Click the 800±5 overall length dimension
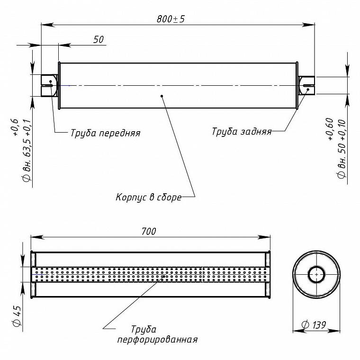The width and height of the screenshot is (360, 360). coord(171,19)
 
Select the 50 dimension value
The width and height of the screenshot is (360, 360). coord(99,39)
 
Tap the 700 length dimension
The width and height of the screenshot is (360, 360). coord(149,232)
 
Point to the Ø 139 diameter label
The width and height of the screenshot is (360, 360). coord(314,325)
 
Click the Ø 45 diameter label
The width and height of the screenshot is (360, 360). coord(17,316)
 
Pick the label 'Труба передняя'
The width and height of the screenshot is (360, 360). coord(105,133)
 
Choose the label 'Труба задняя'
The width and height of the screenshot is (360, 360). coord(242,132)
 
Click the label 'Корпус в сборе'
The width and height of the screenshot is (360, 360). coord(149,197)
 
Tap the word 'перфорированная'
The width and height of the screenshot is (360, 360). coord(157,340)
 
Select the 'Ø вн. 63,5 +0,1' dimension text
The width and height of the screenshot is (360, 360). coord(27,150)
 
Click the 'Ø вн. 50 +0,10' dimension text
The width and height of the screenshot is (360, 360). coord(342,148)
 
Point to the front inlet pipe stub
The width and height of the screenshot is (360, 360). coord(49,85)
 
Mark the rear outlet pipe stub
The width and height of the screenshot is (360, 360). coord(306,85)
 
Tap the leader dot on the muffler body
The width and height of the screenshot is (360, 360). coord(162,96)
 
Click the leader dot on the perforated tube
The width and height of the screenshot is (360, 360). coord(164,276)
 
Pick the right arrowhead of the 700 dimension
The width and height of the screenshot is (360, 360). coord(263,237)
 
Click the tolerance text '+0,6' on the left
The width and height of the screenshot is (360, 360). coord(15,127)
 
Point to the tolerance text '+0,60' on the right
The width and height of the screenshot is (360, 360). coord(330,129)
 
